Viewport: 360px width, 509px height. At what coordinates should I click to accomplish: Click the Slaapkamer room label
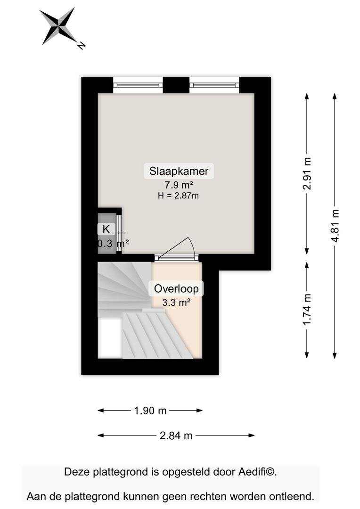point(179,171)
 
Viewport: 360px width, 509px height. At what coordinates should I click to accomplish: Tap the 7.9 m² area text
point(179,185)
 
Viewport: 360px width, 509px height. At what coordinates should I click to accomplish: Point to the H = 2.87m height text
point(178,196)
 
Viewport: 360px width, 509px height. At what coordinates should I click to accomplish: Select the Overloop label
point(176,288)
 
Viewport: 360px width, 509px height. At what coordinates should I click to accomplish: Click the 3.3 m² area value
point(176,303)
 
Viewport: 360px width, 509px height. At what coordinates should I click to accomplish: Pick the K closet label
point(106,229)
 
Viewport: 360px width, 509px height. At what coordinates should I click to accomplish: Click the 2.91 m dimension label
point(307,173)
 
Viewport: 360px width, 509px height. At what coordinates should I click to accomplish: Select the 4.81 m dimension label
point(335,226)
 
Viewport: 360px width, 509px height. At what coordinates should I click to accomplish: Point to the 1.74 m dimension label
point(307,309)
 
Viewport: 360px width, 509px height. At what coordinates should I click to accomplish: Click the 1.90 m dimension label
point(150,410)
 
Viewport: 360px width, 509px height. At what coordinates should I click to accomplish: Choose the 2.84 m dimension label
point(176,435)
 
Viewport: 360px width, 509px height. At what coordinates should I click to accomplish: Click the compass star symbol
point(59,25)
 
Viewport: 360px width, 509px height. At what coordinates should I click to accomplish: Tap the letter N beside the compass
point(81,46)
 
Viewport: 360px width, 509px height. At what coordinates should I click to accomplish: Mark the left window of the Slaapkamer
point(138,85)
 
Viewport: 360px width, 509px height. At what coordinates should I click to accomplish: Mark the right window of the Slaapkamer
point(214,85)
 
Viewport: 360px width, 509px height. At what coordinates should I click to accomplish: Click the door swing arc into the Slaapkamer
point(191,244)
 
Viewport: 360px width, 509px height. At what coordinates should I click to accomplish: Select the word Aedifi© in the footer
point(257,472)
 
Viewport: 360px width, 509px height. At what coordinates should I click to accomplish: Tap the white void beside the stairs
point(110,338)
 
